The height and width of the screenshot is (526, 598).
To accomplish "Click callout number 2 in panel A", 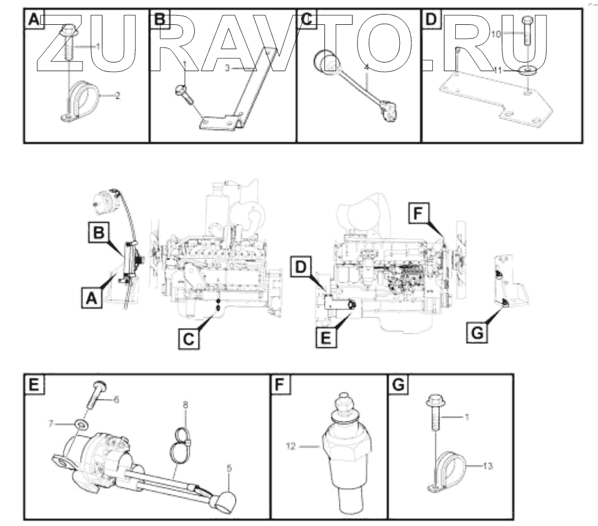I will click(x=118, y=95).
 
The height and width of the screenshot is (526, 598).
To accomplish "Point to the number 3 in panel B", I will click(x=228, y=68).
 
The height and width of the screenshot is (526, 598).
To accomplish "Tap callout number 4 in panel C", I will click(x=366, y=68).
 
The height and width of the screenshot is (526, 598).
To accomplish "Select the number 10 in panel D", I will click(x=496, y=35).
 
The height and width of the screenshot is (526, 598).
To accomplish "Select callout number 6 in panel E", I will click(x=116, y=399).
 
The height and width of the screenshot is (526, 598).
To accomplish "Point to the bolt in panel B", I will click(x=185, y=91).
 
